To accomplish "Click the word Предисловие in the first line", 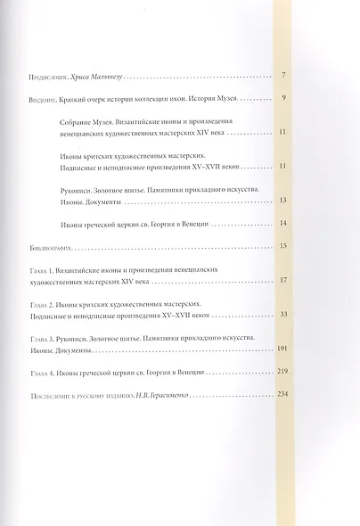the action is coord(46,78).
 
